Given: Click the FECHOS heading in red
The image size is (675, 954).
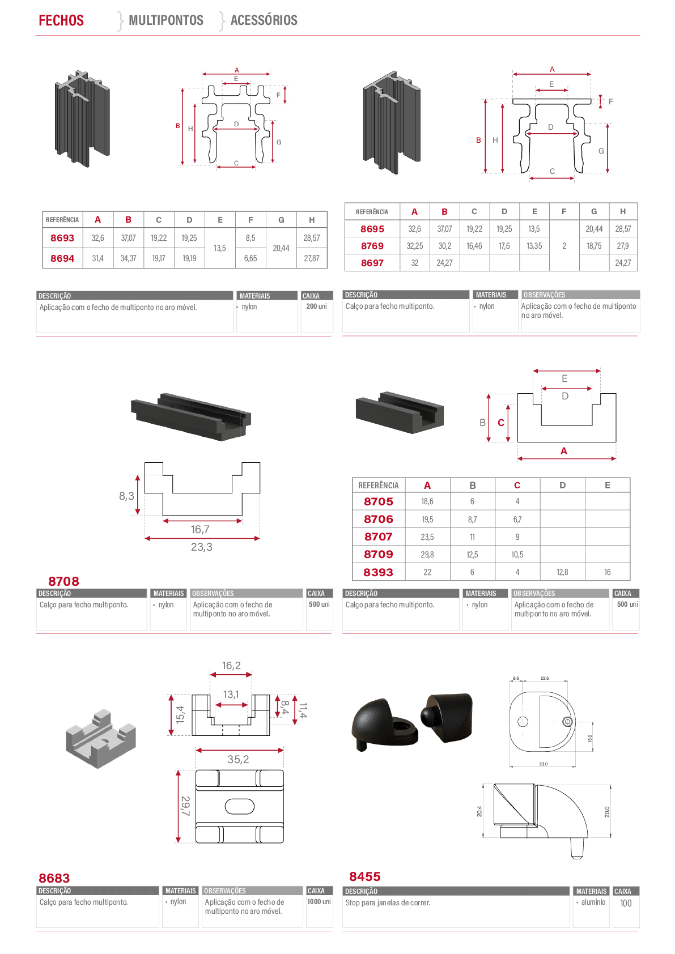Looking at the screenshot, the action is pos(61,20).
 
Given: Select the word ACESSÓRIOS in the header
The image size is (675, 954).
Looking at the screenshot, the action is pos(264,20).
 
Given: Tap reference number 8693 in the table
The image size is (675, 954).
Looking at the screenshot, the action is pos(62,238).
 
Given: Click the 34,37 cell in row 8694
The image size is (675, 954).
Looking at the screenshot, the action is pos(128,258).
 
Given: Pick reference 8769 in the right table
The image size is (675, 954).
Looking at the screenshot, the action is pos(372,246).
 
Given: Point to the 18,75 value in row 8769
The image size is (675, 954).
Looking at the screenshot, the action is pos(594,246).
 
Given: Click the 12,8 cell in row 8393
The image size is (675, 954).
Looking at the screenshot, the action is pos(562,572).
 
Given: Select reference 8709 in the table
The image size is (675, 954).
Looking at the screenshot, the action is pos(379,555).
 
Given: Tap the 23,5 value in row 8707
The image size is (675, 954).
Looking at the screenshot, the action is pos(427,537).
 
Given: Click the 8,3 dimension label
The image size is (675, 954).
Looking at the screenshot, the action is pos(126,496).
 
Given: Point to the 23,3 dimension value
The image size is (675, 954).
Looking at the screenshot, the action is pos(202,547).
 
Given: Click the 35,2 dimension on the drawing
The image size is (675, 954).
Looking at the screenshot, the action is pos(238,759).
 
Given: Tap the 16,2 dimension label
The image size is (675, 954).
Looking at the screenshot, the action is pos(231,665).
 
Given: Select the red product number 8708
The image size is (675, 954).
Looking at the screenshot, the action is pos(63,581).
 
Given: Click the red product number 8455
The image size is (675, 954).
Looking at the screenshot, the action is pos(365,876).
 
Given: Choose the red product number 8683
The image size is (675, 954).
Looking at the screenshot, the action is pos(54,878).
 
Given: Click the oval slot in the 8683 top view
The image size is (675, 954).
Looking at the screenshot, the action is pos(239,806).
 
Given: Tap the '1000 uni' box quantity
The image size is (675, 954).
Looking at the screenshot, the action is pos(319,902).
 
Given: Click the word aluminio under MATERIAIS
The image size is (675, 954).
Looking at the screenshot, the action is pos(593,902).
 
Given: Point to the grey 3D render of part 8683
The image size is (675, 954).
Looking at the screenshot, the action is pos(101,739).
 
